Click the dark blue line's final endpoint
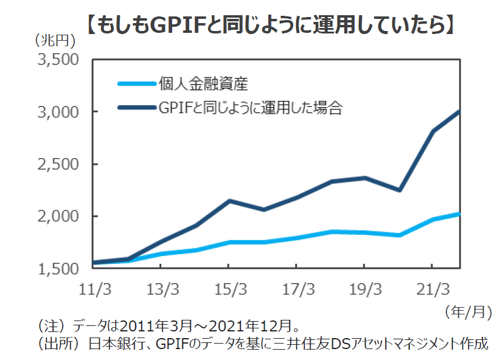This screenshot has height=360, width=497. tap(459, 112)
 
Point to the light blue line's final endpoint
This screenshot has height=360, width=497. tap(459, 213)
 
